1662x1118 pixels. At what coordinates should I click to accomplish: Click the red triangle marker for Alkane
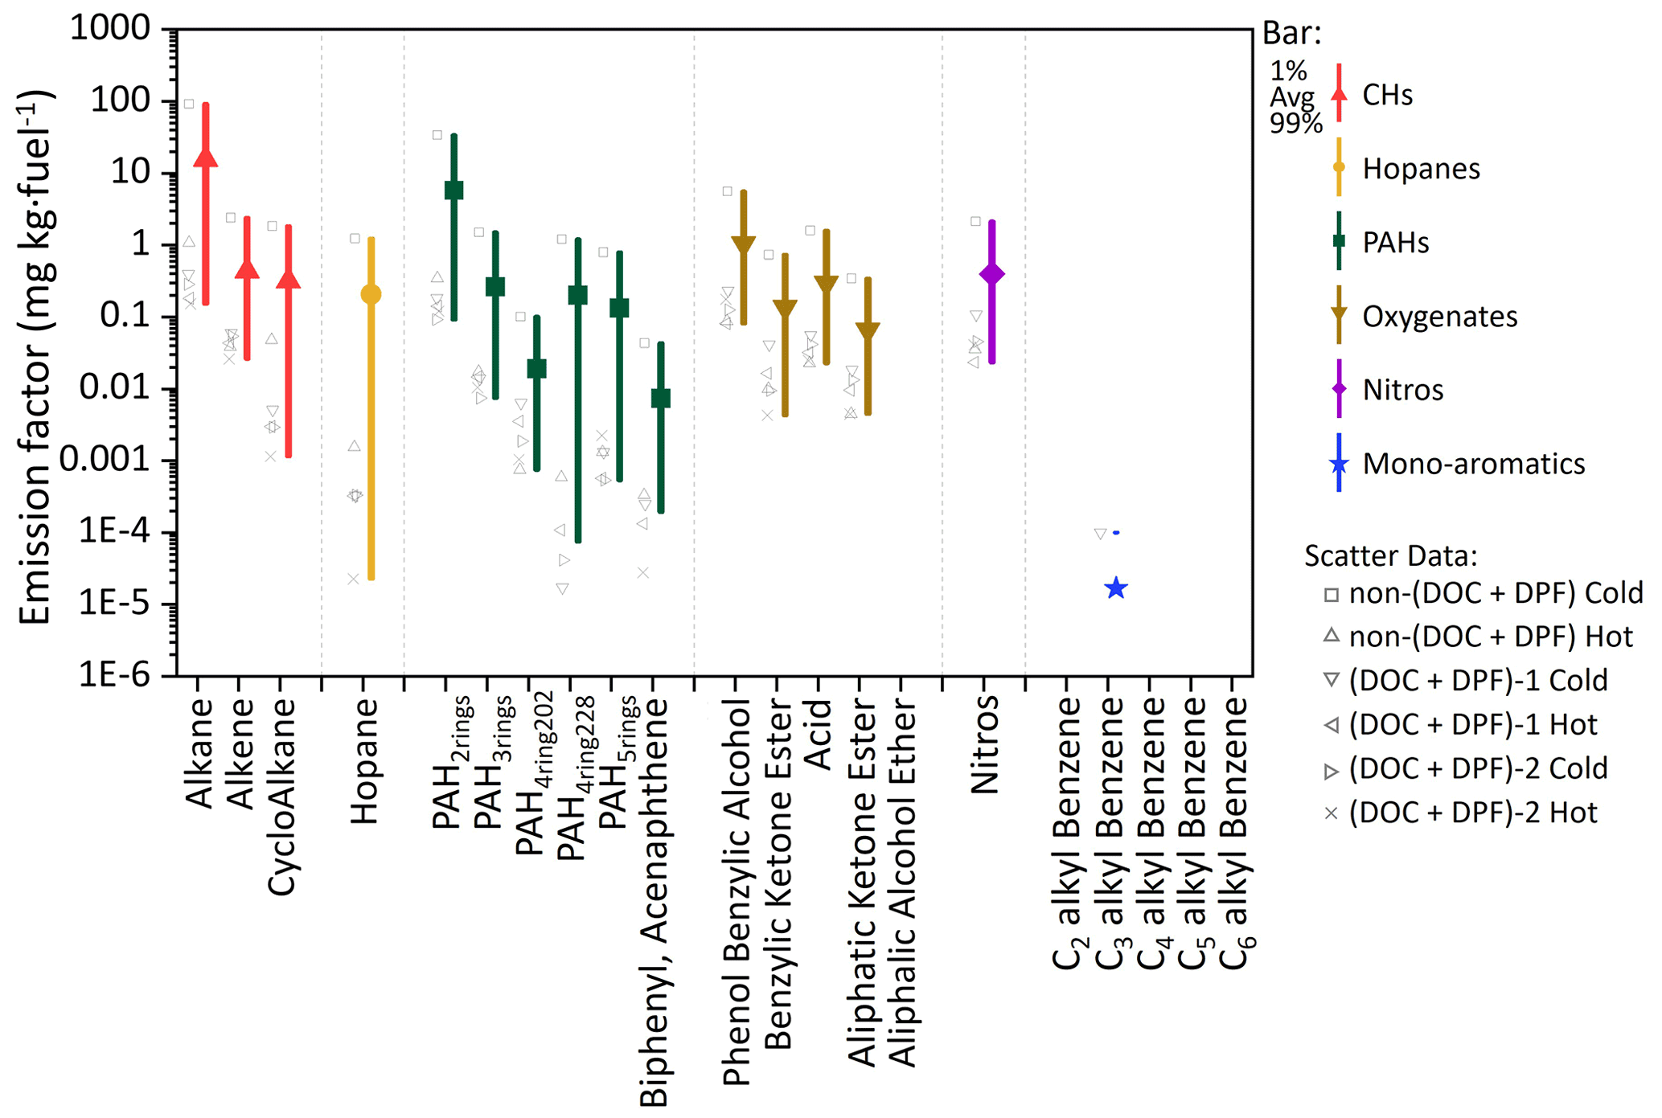click(x=206, y=157)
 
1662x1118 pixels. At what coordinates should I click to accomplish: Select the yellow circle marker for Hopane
click(x=371, y=294)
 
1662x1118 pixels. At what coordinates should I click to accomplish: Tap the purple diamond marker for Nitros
click(x=992, y=274)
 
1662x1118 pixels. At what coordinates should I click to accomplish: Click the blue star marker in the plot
click(x=1115, y=588)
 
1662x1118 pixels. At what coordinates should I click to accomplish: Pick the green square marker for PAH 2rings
click(x=453, y=190)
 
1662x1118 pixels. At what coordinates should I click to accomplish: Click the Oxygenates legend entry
click(x=1439, y=317)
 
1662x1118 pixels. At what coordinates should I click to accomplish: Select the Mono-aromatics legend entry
click(x=1473, y=464)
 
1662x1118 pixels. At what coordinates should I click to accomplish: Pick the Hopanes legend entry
click(x=1421, y=169)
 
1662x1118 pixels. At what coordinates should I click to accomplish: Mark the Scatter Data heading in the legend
click(x=1390, y=555)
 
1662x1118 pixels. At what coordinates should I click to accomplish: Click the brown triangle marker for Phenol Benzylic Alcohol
click(x=744, y=244)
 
